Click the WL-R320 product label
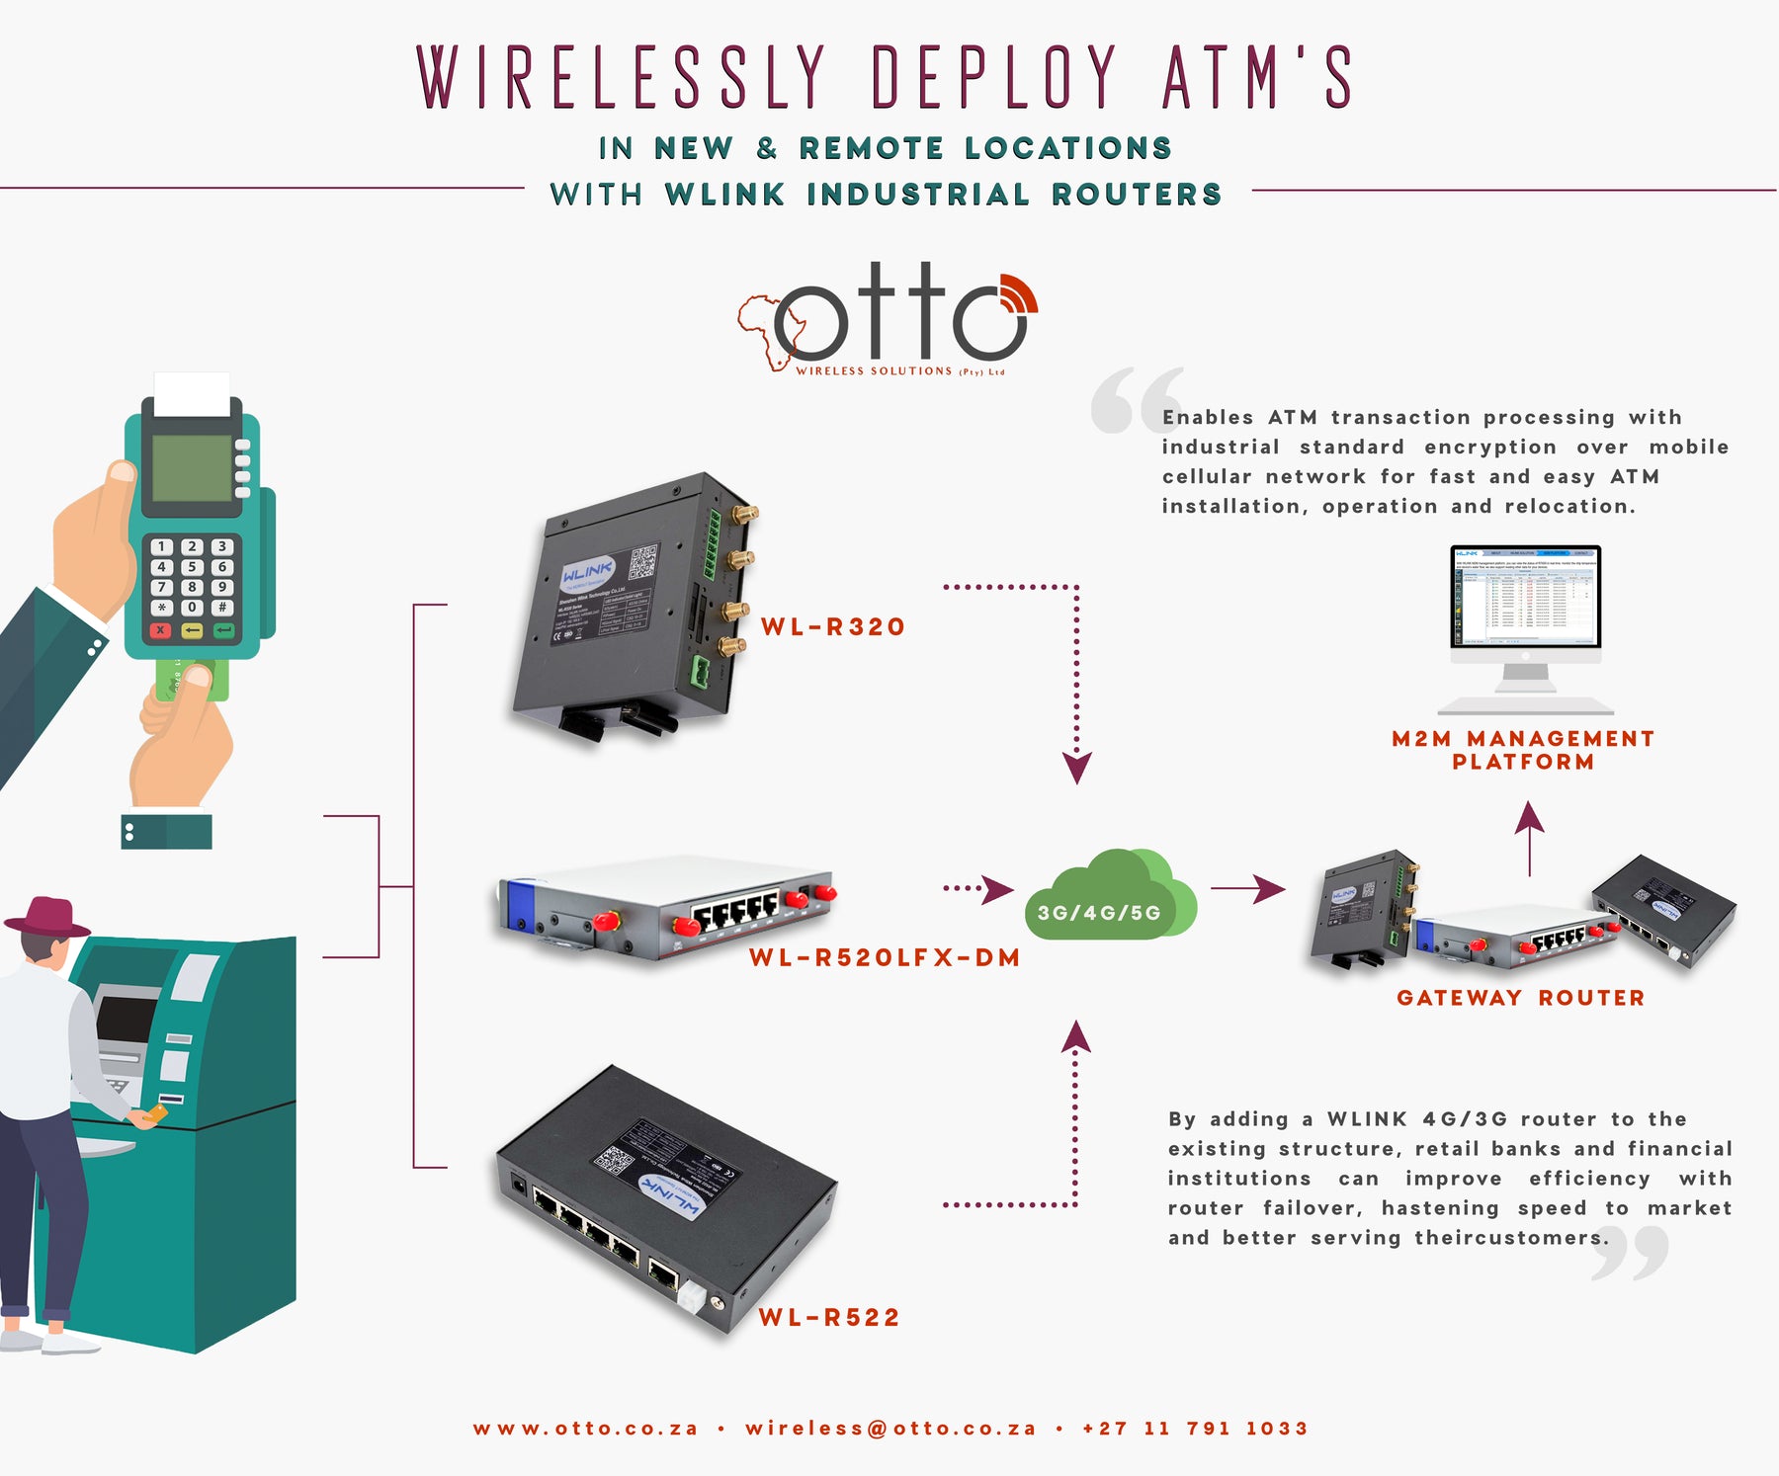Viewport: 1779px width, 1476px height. point(832,627)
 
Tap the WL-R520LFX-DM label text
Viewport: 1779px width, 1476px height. point(884,957)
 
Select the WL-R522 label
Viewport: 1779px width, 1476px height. point(829,1317)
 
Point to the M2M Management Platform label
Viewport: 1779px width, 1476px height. point(1522,750)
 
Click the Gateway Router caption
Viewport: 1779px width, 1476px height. point(1520,998)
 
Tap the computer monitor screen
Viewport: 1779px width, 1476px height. point(1525,595)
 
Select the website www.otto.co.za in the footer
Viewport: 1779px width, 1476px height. point(585,1429)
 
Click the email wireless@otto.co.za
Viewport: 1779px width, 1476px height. point(890,1429)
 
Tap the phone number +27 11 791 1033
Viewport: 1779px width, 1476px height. point(1195,1429)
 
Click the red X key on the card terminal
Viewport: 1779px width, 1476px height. point(161,630)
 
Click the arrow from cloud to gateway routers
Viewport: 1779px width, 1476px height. point(1247,888)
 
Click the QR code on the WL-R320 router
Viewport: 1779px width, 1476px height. point(643,561)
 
